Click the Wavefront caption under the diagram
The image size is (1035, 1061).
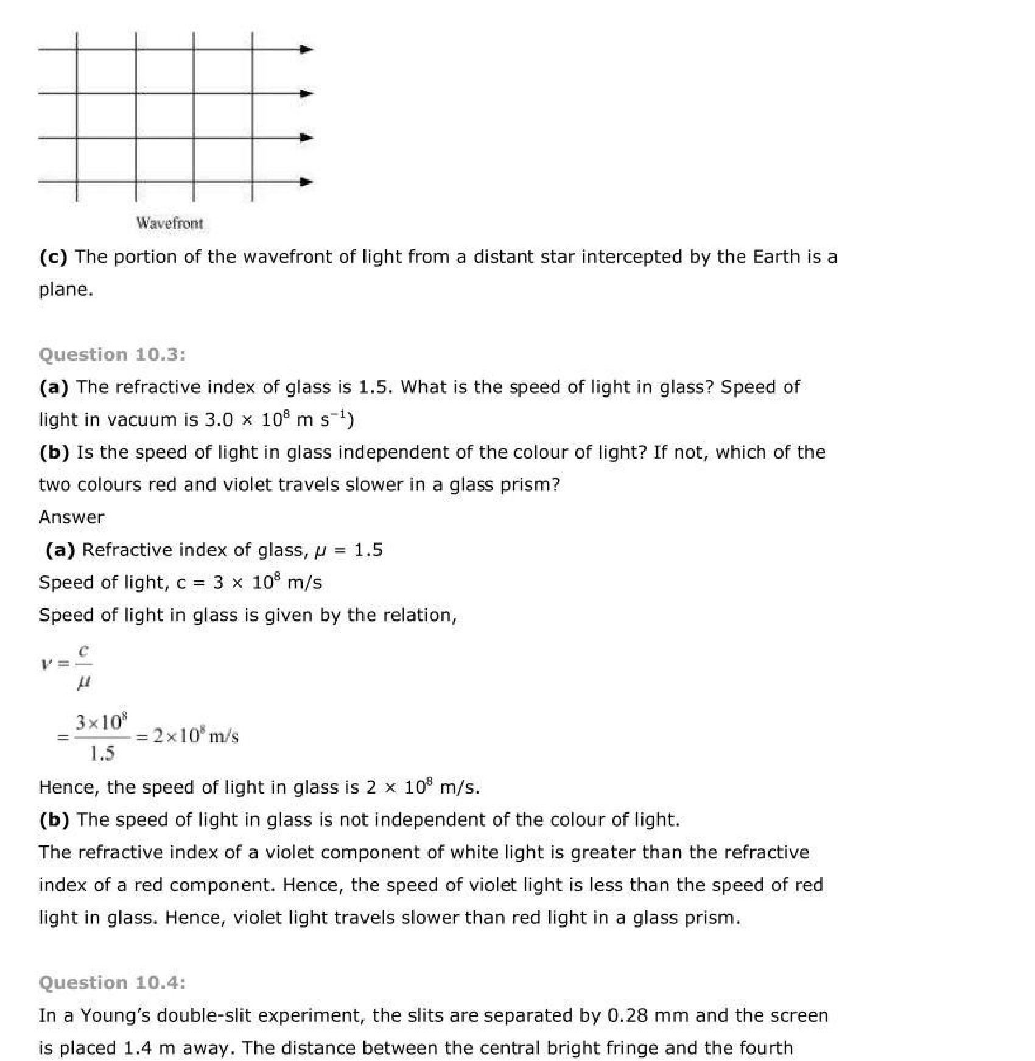[169, 223]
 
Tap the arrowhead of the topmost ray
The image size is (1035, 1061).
[307, 49]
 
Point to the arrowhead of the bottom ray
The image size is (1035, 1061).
[307, 182]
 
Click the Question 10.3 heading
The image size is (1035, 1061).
[112, 354]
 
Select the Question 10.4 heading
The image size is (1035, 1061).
[112, 982]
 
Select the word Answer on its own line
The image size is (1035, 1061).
[71, 517]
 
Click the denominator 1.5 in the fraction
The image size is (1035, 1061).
[102, 753]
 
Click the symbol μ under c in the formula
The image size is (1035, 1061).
[84, 683]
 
